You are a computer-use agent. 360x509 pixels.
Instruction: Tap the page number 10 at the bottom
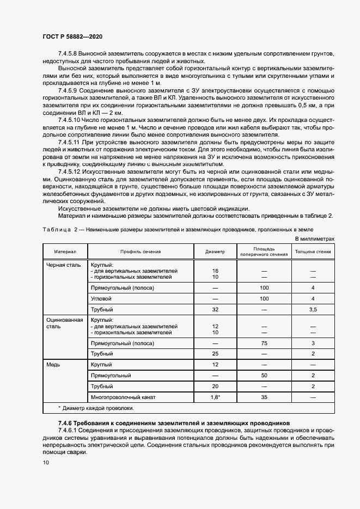46,462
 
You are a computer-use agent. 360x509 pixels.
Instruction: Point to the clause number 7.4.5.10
70,119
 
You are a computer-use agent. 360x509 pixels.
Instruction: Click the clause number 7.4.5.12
70,170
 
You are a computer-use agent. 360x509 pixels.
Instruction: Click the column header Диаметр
215,252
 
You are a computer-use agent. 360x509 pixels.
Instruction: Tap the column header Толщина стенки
313,252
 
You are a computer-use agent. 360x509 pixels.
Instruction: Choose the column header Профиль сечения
141,252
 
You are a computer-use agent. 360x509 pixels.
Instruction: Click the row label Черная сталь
64,265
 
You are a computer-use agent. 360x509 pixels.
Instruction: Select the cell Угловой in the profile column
101,298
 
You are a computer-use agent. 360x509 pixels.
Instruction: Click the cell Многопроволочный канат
123,397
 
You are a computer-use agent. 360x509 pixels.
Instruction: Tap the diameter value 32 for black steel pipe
215,309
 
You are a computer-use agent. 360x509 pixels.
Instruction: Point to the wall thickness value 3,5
313,309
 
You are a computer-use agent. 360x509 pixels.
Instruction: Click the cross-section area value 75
265,344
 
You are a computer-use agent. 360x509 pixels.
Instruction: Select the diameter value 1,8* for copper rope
215,397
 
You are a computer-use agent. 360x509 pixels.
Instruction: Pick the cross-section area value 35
265,397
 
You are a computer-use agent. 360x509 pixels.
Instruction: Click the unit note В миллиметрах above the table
314,238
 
